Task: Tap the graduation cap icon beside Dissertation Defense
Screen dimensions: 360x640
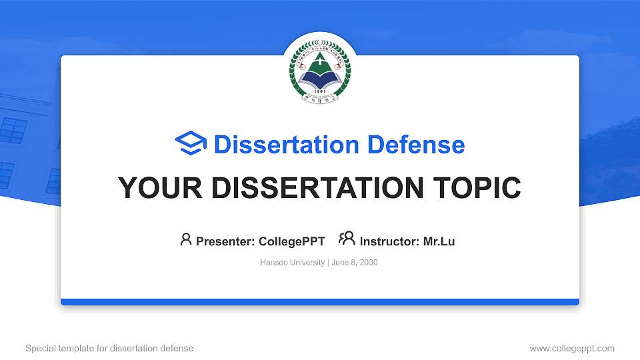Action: point(191,144)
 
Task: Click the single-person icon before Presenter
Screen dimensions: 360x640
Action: point(186,239)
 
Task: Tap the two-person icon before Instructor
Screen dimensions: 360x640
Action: point(347,239)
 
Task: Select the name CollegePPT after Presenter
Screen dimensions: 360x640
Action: point(292,241)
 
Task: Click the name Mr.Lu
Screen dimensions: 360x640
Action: point(439,241)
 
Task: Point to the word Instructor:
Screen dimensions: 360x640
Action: point(389,241)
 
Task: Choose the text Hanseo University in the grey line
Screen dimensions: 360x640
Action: point(292,263)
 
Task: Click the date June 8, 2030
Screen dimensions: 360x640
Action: point(354,263)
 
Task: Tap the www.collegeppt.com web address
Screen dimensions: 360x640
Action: point(572,348)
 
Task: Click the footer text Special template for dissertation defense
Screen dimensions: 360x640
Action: point(109,348)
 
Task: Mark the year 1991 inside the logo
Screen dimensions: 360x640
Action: point(320,92)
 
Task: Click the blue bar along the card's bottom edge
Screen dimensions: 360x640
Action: point(320,302)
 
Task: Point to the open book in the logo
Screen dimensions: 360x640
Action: point(320,80)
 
